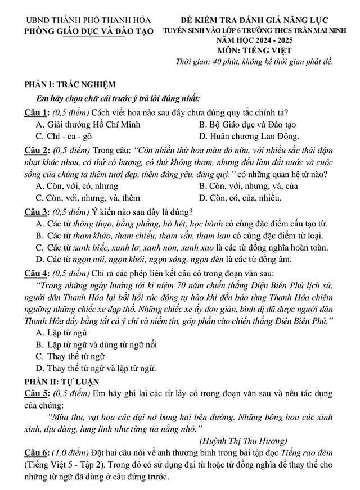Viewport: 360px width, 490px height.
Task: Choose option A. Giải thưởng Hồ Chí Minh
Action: (88, 124)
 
